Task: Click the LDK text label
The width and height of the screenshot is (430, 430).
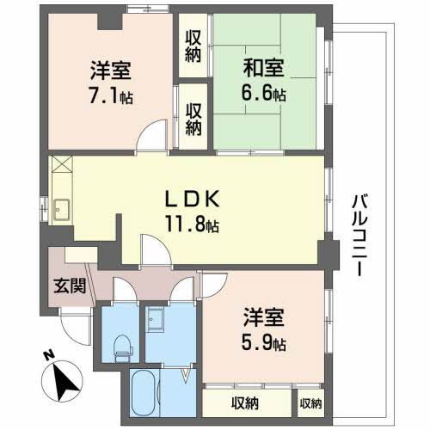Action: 193,200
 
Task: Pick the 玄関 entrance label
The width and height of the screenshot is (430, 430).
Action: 69,286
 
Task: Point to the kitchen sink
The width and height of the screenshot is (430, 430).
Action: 61,208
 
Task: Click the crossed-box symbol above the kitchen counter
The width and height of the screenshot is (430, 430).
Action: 62,166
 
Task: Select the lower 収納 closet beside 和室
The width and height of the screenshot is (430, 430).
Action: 193,114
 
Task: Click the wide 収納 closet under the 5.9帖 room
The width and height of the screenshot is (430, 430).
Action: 247,402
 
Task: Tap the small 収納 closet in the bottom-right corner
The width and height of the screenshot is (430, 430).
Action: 310,402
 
